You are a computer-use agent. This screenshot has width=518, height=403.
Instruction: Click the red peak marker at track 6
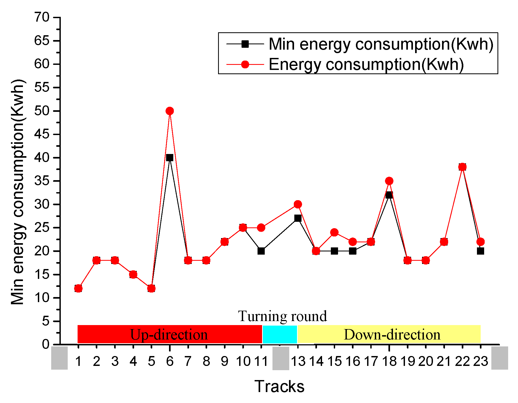170,111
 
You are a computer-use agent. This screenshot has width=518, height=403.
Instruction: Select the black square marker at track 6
170,158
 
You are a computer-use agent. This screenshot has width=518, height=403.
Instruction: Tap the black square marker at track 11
261,251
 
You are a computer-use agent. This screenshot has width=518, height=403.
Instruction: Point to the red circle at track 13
298,204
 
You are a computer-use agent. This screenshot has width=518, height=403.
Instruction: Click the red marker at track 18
389,181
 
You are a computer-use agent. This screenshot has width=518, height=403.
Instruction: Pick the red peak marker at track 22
462,167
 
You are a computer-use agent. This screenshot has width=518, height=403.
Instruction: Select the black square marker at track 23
480,251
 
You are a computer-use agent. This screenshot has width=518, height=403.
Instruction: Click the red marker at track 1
78,289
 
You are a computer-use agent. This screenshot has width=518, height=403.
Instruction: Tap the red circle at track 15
334,232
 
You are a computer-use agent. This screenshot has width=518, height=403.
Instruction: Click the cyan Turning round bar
280,334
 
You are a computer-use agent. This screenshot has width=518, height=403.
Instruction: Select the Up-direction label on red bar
169,335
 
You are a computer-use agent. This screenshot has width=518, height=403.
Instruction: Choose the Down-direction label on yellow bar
392,335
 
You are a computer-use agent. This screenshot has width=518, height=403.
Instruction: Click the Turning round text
282,316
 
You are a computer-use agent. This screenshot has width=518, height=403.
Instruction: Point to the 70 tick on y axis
42,17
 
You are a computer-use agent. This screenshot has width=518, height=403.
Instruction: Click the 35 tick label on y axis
42,181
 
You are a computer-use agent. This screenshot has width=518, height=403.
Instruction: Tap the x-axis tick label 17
371,362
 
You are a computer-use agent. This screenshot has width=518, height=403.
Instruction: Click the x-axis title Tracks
279,386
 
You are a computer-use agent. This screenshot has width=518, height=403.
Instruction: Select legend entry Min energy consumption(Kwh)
381,44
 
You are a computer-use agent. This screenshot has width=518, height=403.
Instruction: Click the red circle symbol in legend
245,65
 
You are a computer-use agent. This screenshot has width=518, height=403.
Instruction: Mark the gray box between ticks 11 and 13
281,358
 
